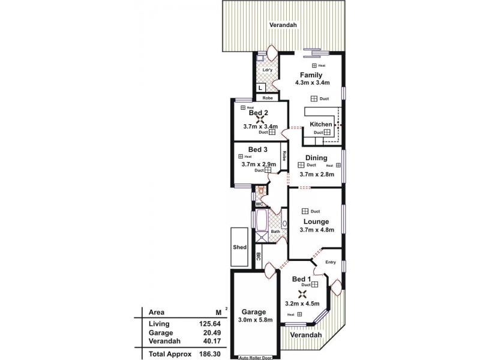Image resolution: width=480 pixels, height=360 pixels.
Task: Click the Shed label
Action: pos(240,247)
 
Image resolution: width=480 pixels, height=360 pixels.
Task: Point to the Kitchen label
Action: pos(321,124)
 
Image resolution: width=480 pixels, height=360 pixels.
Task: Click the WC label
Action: pos(260,204)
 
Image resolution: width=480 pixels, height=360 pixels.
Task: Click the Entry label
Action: pos(331,262)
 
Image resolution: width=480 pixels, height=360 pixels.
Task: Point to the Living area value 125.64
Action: pos(208,324)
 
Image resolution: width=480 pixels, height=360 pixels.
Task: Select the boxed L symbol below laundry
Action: pos(260,88)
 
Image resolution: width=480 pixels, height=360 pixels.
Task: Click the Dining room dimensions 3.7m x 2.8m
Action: pos(316,175)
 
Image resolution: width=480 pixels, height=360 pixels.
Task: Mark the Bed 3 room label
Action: pos(258,149)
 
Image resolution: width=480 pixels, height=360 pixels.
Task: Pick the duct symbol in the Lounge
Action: pos(305,211)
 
